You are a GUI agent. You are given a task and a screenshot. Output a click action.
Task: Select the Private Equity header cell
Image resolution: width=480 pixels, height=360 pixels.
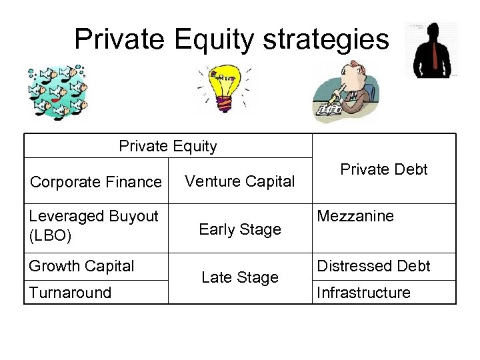coord(168,146)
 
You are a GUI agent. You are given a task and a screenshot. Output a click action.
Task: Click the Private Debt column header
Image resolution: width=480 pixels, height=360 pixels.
coord(383,169)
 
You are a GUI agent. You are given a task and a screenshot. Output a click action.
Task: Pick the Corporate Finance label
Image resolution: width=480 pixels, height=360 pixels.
coord(96,182)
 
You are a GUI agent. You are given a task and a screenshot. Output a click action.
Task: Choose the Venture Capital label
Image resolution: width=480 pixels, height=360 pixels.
coord(239,181)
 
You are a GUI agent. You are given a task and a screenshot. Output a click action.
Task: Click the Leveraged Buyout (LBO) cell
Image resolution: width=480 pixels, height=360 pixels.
coord(93,225)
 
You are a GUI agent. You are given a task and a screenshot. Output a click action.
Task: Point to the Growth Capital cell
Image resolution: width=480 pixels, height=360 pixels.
coord(81,266)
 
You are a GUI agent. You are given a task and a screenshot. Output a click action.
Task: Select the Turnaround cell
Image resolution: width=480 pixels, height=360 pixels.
coord(70,293)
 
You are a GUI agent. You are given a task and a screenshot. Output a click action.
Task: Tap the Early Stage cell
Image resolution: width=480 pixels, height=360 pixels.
coord(240,229)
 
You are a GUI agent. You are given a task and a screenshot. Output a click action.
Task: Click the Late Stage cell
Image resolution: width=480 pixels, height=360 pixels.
coord(240,277)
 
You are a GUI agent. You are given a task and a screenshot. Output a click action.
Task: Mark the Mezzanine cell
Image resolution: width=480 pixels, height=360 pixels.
coord(355,216)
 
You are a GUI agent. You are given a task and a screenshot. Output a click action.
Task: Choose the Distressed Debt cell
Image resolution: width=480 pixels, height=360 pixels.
coord(373,266)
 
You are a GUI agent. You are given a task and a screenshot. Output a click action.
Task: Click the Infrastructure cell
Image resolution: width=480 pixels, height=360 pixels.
coord(363,293)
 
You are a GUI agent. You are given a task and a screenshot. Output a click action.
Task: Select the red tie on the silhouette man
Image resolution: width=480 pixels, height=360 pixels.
coord(435,56)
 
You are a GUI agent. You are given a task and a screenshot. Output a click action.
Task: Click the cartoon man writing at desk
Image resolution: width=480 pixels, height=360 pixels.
coord(343,92)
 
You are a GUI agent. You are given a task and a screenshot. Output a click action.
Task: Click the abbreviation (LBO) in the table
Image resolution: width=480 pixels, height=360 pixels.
coord(50,235)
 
